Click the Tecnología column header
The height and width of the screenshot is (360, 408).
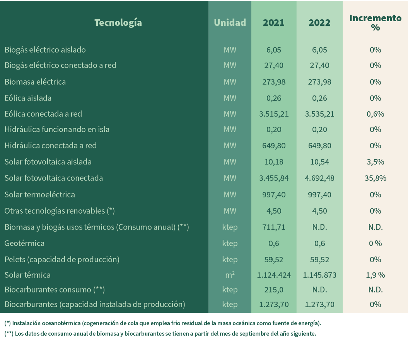click(x=118, y=23)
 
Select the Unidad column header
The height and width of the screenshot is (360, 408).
click(x=230, y=23)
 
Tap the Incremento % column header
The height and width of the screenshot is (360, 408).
click(x=375, y=23)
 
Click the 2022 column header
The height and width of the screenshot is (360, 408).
click(x=319, y=23)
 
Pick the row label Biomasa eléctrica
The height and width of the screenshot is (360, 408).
click(x=35, y=82)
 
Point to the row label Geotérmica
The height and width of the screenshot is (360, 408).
click(x=24, y=243)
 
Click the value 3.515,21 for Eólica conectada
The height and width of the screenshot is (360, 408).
click(x=274, y=114)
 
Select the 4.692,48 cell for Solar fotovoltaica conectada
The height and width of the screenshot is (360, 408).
click(x=319, y=178)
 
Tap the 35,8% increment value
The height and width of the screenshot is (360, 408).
click(x=375, y=178)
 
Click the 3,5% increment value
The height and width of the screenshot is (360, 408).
click(x=375, y=162)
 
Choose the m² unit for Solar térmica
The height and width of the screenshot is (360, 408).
click(x=230, y=275)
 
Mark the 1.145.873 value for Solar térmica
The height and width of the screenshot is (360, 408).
click(x=319, y=275)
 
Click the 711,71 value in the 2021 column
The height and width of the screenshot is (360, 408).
click(x=274, y=227)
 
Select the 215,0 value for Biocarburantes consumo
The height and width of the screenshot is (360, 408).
click(x=274, y=290)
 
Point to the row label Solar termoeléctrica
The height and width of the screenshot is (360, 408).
click(x=40, y=195)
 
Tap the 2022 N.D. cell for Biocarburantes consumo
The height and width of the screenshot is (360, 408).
click(x=319, y=290)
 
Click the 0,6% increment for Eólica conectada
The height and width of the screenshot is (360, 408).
click(x=375, y=114)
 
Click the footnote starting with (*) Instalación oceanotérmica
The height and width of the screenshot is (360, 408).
click(x=162, y=323)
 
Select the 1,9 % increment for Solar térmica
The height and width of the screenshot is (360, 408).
click(x=375, y=275)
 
